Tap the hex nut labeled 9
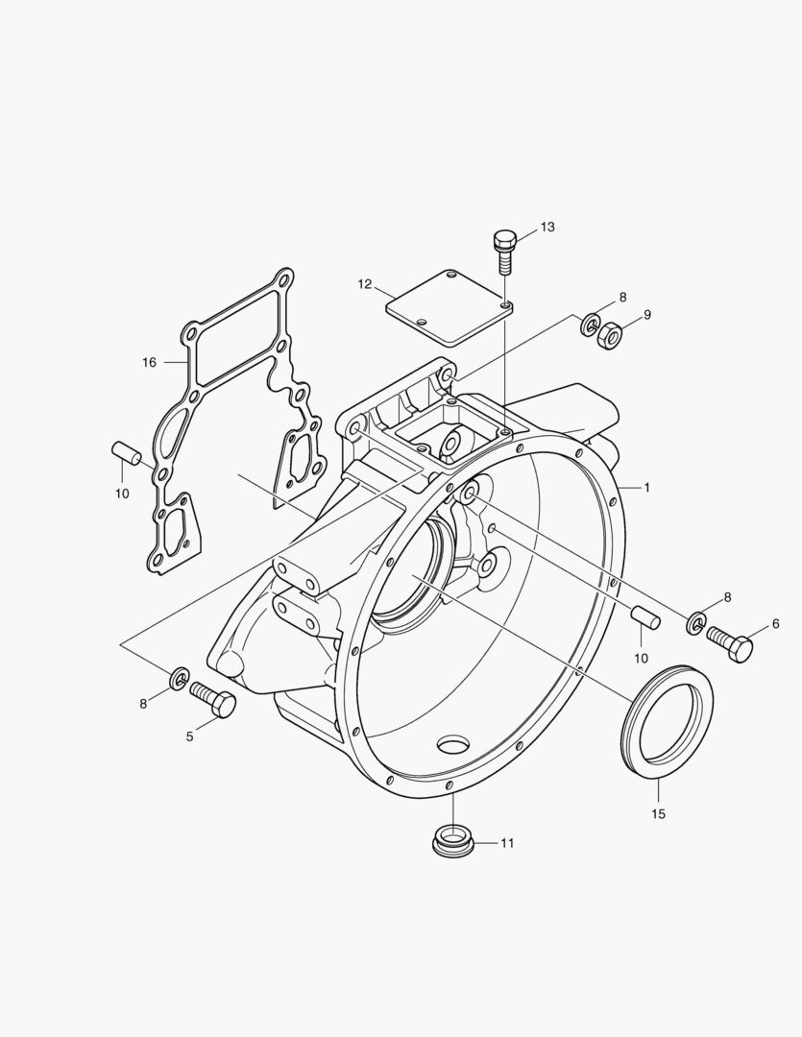608,335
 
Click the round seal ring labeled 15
668,715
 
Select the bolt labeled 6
732,642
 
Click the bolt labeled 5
213,699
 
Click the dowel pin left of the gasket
127,452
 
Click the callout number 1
647,488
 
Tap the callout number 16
149,362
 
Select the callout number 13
547,228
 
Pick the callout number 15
658,814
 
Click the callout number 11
506,843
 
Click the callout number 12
365,284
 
